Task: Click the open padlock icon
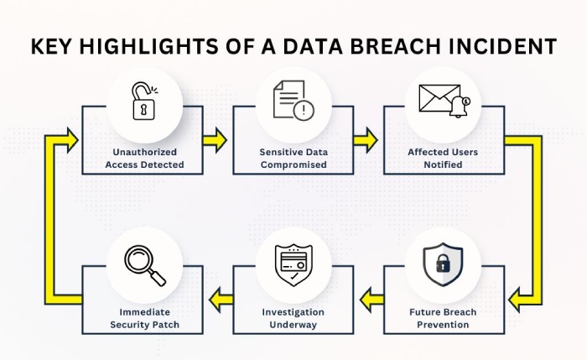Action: (x=144, y=102)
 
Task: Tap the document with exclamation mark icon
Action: (x=293, y=101)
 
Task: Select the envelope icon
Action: (x=439, y=98)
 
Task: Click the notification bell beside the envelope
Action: (x=460, y=107)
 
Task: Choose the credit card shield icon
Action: (x=293, y=265)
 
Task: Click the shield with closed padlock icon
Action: (x=443, y=264)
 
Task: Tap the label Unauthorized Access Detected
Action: (x=144, y=158)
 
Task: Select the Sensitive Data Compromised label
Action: (x=293, y=158)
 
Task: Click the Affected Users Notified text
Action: (x=443, y=158)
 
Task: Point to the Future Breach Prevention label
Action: (x=443, y=318)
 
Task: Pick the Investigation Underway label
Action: (x=293, y=318)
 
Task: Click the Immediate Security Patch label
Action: (x=144, y=318)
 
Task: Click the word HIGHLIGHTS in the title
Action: (x=148, y=46)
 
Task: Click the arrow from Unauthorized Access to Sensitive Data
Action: (x=215, y=140)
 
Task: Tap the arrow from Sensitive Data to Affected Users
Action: (x=366, y=140)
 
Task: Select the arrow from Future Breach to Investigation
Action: (x=371, y=300)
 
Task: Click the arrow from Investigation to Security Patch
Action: (x=221, y=300)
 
